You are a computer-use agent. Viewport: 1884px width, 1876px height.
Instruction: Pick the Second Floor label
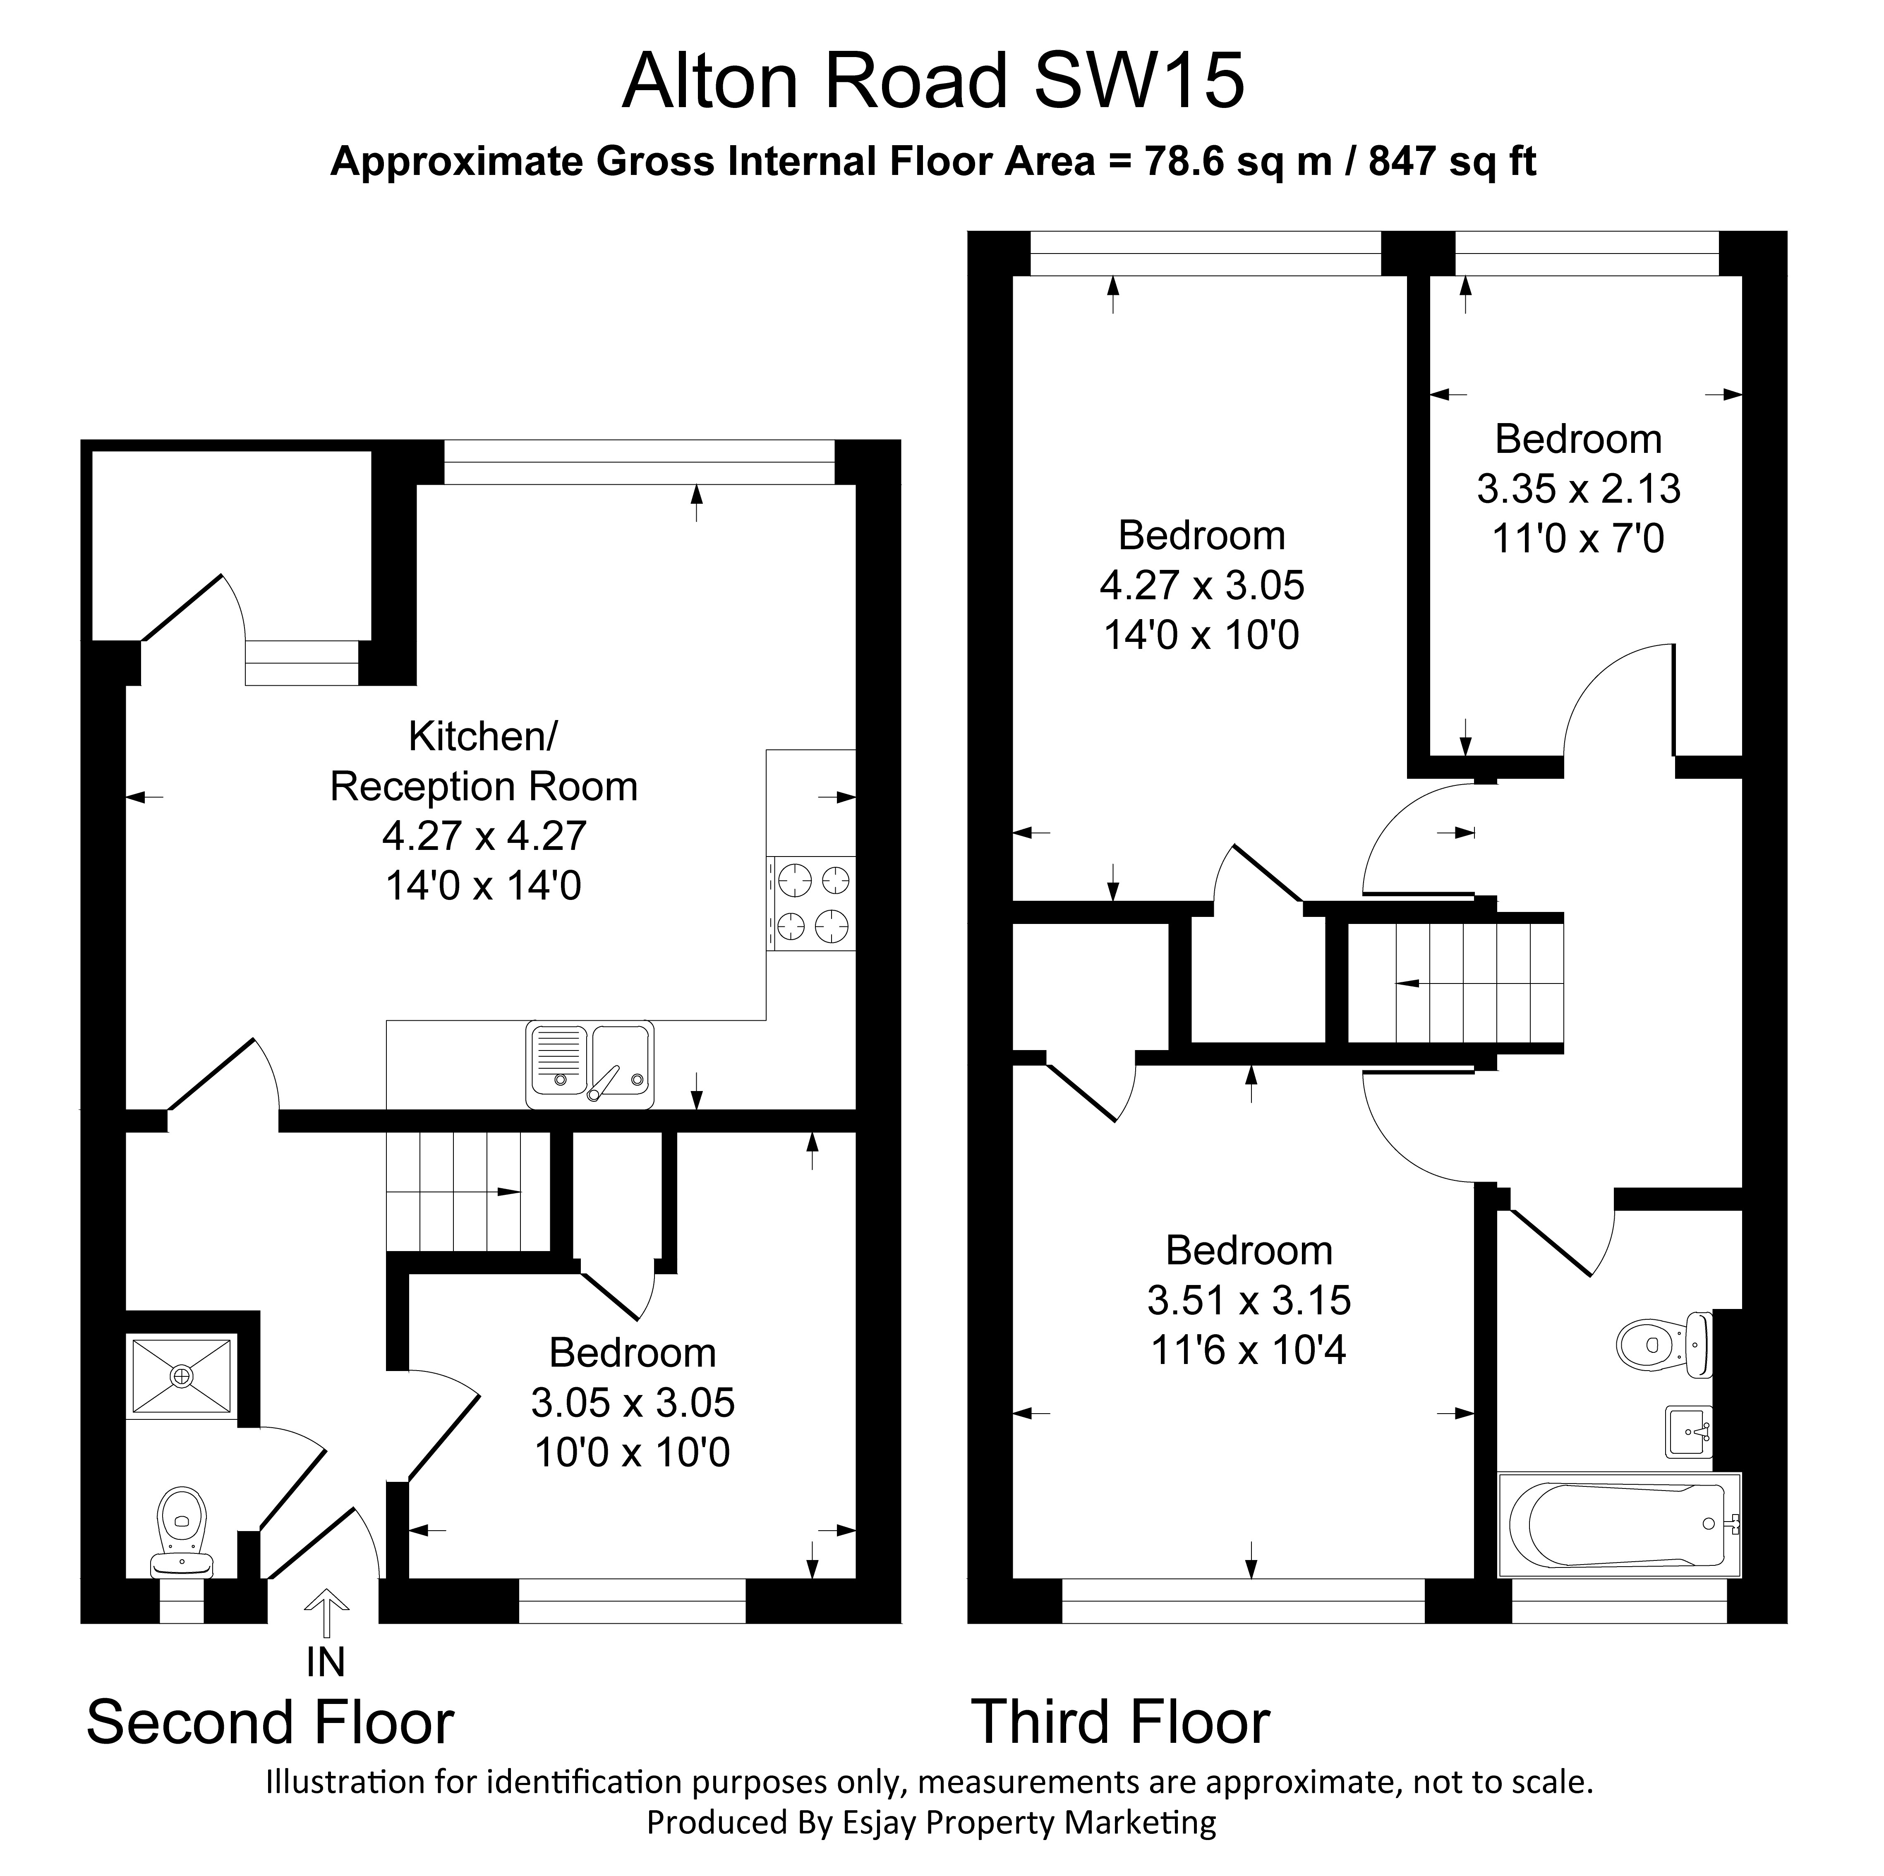(270, 1722)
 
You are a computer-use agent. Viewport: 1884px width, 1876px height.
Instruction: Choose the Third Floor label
(1120, 1722)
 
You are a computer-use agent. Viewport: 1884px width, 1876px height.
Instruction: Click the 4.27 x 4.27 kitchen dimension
(484, 835)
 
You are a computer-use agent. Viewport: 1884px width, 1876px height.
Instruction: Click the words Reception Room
(484, 786)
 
